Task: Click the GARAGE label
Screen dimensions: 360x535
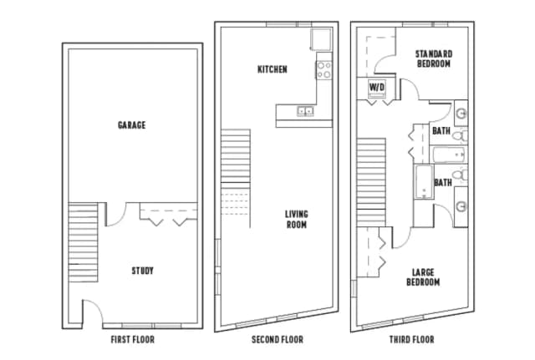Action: [131, 125]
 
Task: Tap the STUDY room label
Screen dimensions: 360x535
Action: [142, 271]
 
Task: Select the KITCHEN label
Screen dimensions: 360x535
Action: [272, 69]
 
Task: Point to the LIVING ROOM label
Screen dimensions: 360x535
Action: [295, 219]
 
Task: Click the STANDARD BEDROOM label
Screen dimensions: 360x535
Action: [433, 58]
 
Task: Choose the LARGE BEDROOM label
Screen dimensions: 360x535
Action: [424, 276]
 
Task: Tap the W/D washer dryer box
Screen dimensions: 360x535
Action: [375, 87]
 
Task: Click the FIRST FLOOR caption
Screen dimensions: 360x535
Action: [132, 340]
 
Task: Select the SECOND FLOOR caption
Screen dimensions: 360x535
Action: [277, 340]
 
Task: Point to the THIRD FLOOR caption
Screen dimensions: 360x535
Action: [411, 340]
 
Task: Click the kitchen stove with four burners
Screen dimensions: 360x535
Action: [324, 69]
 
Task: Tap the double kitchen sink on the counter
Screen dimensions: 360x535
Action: [303, 110]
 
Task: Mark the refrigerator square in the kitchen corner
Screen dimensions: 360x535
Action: [322, 39]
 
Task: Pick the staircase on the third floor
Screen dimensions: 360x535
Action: [370, 184]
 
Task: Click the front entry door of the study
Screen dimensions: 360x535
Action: [93, 313]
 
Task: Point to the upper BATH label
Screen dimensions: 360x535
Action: [441, 130]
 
